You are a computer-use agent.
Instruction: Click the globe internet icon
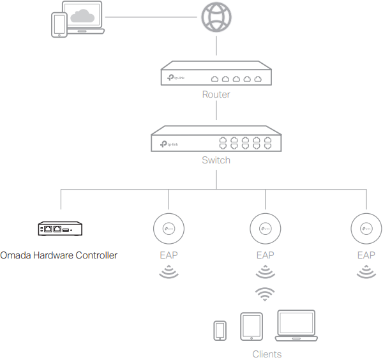coord(216,17)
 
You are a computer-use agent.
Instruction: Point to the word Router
coord(216,94)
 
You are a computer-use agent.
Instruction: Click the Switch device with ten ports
coord(216,139)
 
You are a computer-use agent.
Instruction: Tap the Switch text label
coord(216,160)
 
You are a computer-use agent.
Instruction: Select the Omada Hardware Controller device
coord(60,228)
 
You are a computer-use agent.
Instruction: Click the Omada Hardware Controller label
coord(59,255)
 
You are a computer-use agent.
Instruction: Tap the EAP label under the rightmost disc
coord(366,255)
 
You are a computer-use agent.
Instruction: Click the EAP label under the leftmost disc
coord(169,255)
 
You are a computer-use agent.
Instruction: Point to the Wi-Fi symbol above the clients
coord(266,294)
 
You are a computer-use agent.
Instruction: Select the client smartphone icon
coord(220,330)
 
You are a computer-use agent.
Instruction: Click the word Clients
coord(266,354)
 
